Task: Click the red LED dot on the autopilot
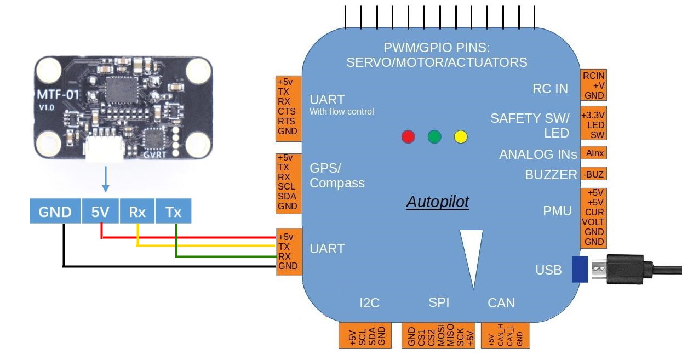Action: click(x=408, y=136)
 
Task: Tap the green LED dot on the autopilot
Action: click(x=434, y=136)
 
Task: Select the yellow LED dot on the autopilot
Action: click(x=461, y=136)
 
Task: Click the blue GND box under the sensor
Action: click(x=55, y=212)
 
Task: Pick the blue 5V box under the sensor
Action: click(x=100, y=212)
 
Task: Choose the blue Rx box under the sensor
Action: click(x=137, y=212)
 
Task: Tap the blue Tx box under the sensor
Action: click(x=174, y=212)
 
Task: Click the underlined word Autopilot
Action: click(x=438, y=202)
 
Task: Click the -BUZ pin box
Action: click(x=594, y=174)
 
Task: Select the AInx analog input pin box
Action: click(x=594, y=153)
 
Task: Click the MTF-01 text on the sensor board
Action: click(x=57, y=95)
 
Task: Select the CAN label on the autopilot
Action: click(x=501, y=303)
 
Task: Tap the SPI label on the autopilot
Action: click(x=439, y=303)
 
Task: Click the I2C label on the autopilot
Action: click(x=370, y=303)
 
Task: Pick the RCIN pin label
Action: click(x=594, y=76)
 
